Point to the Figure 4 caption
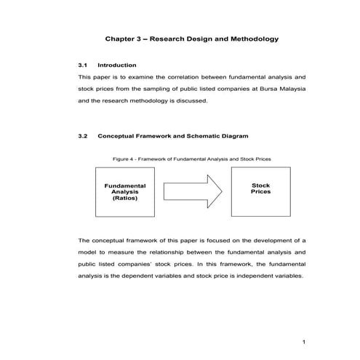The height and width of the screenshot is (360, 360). [x=192, y=159]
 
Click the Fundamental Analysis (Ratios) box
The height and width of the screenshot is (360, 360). [x=125, y=192]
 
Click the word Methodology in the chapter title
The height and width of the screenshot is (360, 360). [x=252, y=38]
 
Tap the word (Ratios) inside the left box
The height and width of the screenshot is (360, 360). [x=125, y=197]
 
